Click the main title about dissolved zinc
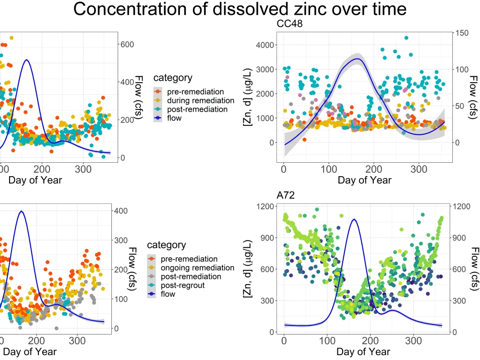click(240, 10)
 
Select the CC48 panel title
click(289, 24)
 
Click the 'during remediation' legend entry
click(200, 100)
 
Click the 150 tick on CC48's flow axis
click(462, 33)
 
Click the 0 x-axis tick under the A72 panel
click(284, 340)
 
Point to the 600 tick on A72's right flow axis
click(461, 269)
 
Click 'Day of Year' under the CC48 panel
click(364, 180)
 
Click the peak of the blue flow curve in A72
click(354, 219)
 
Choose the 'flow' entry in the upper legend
click(175, 118)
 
